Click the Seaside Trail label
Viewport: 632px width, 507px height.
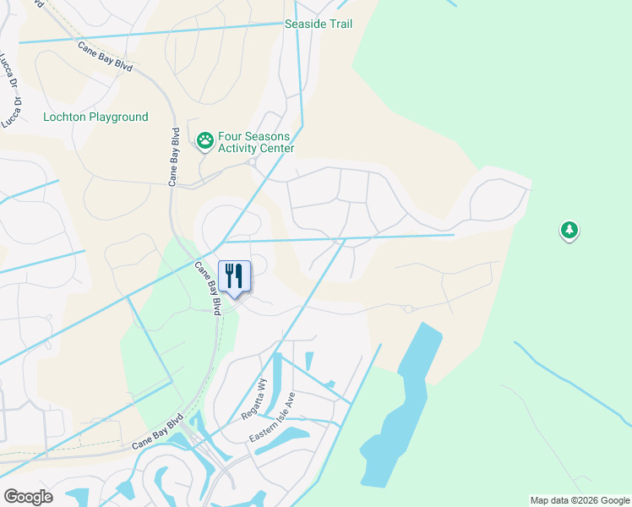click(319, 24)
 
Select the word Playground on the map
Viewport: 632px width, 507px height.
click(118, 117)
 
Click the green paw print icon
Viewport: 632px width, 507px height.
click(205, 141)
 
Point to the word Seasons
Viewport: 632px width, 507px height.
click(268, 136)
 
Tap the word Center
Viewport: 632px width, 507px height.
click(278, 149)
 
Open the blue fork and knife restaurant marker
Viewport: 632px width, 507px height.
click(234, 276)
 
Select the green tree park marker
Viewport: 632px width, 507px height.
click(569, 229)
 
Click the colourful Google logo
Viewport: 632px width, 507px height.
click(28, 497)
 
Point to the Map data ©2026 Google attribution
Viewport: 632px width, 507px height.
click(580, 500)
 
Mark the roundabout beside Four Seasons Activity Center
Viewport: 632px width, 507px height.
click(252, 162)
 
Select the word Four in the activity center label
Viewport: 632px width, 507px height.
click(231, 136)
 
